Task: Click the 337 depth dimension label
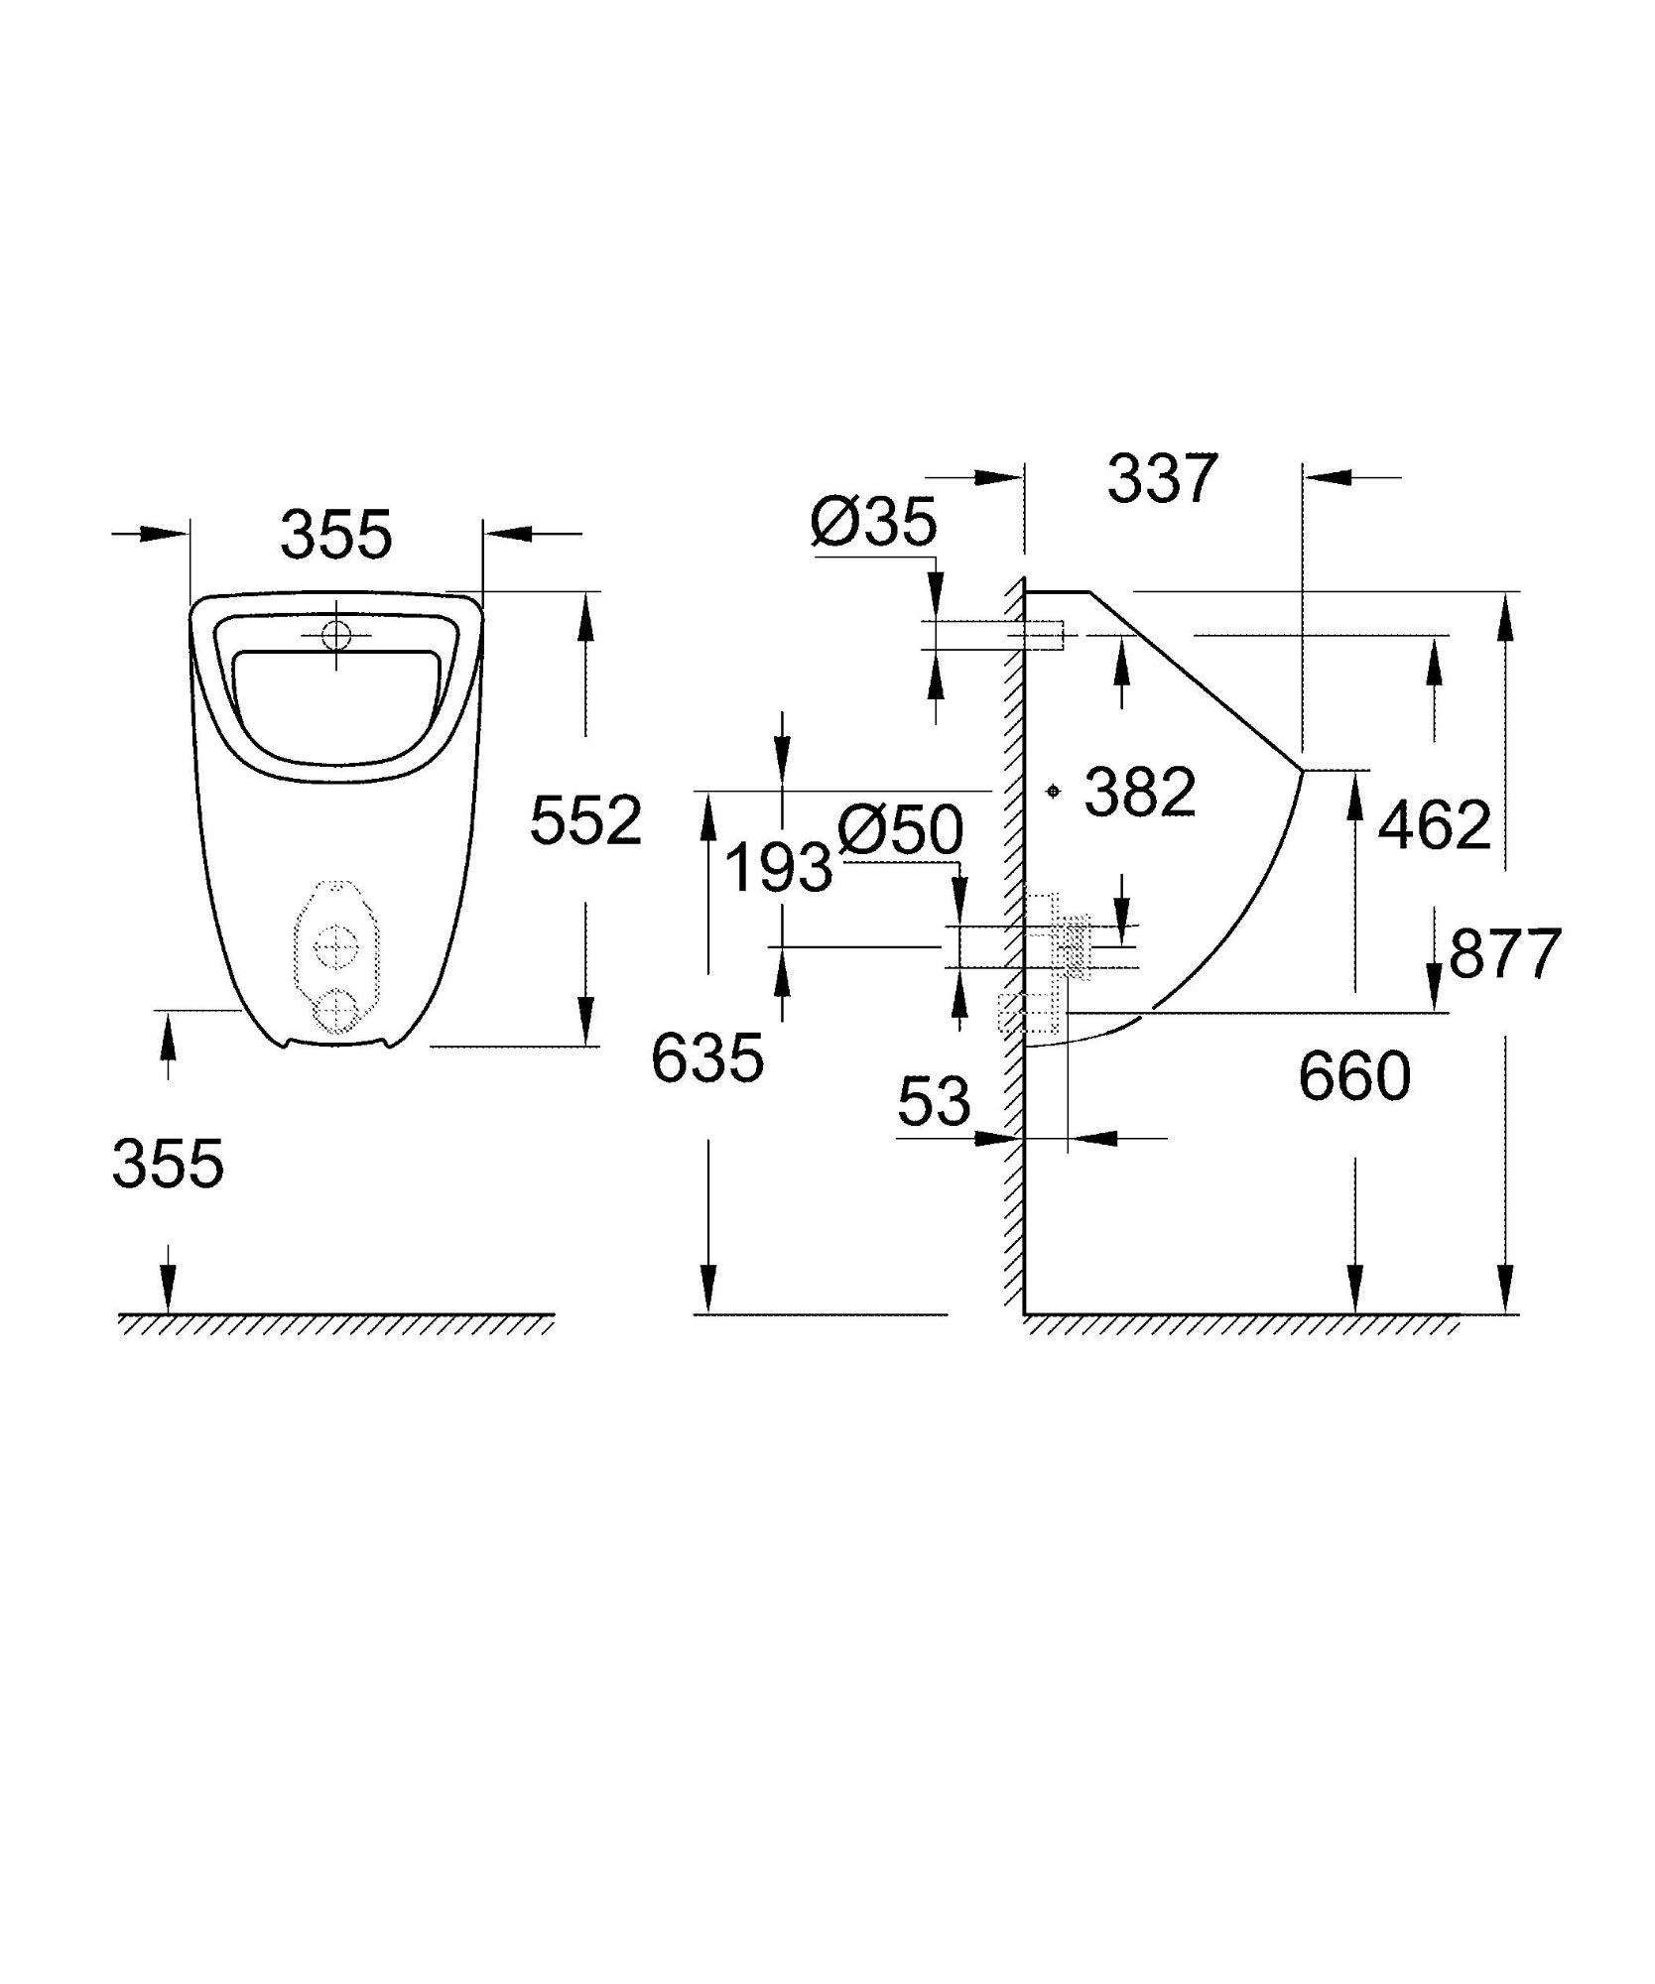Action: coord(1161,479)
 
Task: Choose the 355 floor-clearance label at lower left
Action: coord(169,1164)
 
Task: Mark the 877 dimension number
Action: coord(1505,954)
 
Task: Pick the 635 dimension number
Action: coord(707,1058)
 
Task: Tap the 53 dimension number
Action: coord(933,1101)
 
